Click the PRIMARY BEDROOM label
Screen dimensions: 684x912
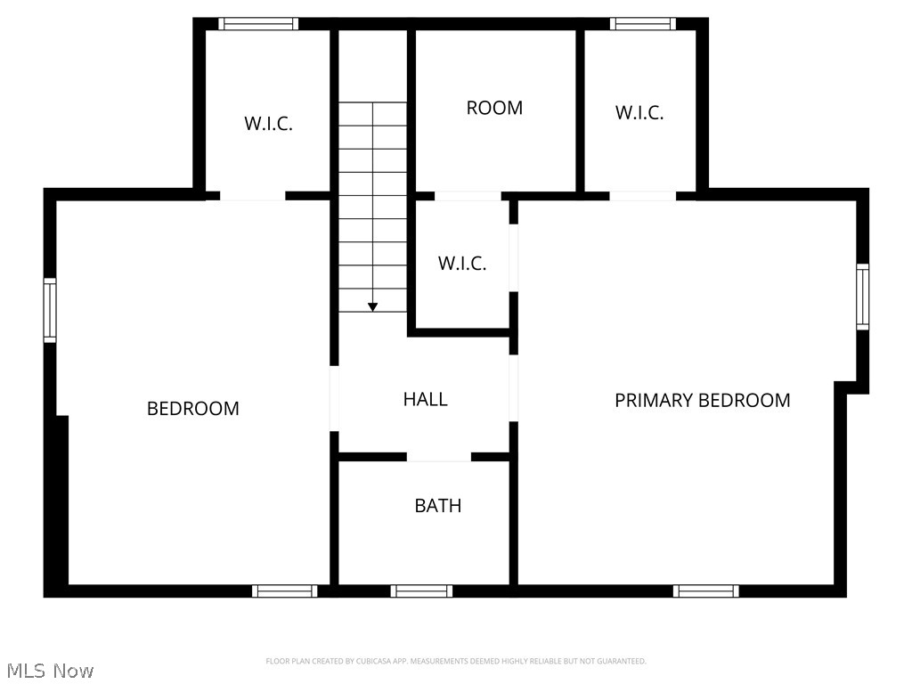point(702,400)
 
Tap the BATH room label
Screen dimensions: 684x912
point(438,506)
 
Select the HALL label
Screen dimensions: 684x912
point(425,399)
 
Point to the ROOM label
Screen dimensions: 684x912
point(494,108)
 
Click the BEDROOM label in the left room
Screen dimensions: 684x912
point(192,409)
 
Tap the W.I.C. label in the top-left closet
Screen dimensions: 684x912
point(268,124)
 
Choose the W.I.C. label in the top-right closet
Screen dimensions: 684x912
point(639,113)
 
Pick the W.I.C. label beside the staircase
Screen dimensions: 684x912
point(462,264)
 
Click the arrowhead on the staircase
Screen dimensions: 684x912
point(372,306)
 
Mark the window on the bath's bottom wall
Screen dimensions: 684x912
point(421,590)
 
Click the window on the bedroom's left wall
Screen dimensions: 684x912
point(50,310)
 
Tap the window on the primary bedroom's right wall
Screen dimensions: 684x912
point(862,297)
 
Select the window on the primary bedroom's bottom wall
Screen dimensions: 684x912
point(705,590)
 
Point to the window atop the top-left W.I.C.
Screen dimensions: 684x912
point(258,24)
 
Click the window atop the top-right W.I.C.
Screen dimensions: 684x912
point(642,24)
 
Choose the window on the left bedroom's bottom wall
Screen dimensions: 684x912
point(284,590)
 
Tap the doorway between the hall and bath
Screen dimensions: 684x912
point(439,457)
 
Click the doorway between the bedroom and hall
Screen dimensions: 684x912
point(335,398)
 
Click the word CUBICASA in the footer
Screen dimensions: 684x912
point(364,661)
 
